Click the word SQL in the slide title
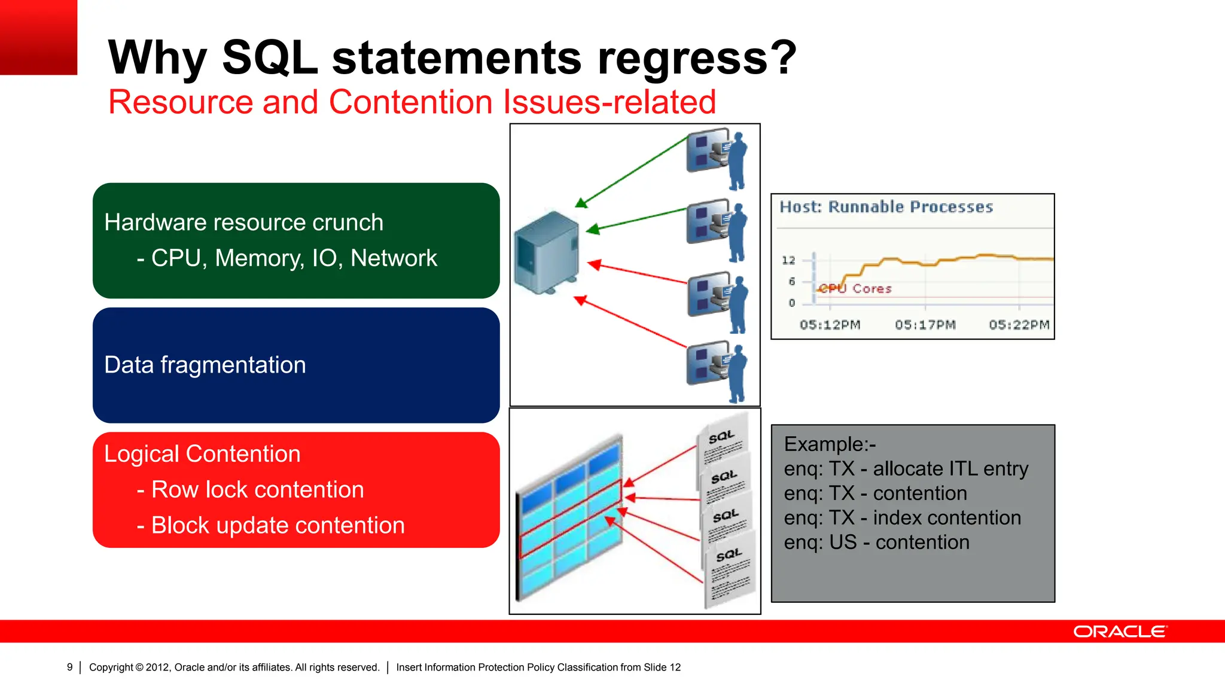(x=270, y=57)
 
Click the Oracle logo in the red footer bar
(x=1120, y=632)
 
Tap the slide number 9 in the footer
(x=69, y=667)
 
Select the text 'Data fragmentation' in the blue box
(x=205, y=365)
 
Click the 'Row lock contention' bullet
(x=257, y=490)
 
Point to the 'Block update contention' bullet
(x=278, y=526)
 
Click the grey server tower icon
(x=547, y=252)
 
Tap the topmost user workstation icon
(x=717, y=157)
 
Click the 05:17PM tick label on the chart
(x=925, y=325)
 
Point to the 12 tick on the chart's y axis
(x=788, y=260)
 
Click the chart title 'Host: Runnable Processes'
(x=886, y=207)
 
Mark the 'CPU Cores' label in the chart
(x=855, y=289)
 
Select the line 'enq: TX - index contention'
(x=902, y=518)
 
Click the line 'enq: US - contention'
(x=876, y=542)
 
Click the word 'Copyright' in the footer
(x=111, y=667)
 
